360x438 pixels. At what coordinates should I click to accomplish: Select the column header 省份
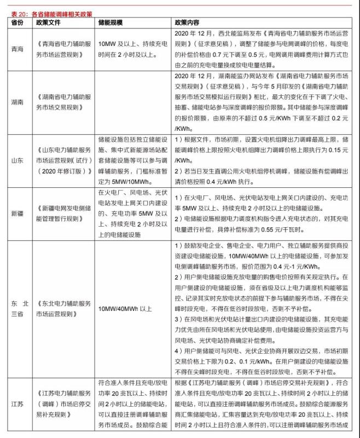[x=18, y=22]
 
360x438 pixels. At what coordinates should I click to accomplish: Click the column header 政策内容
[x=187, y=22]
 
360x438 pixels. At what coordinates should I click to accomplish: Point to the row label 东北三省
[x=18, y=309]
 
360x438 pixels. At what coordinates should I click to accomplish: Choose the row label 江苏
[x=18, y=404]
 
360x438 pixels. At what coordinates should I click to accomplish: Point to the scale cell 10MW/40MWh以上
[x=124, y=309]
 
